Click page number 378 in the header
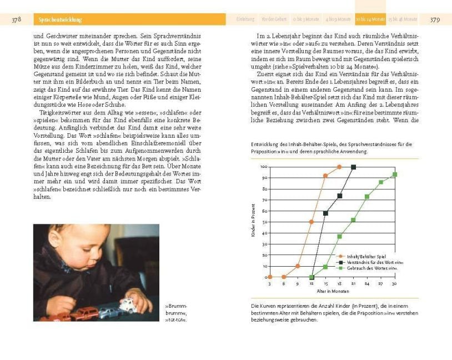point(16,19)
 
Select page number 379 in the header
point(435,19)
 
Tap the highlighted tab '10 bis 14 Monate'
point(370,19)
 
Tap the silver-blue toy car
point(108,312)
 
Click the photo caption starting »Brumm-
point(177,313)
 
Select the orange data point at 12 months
point(312,222)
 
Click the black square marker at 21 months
point(353,167)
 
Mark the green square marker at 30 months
point(395,174)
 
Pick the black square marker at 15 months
point(325,213)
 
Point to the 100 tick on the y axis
point(264,166)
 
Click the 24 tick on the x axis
point(367,283)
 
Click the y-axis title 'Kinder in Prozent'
point(253,221)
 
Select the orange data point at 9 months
point(298,266)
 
